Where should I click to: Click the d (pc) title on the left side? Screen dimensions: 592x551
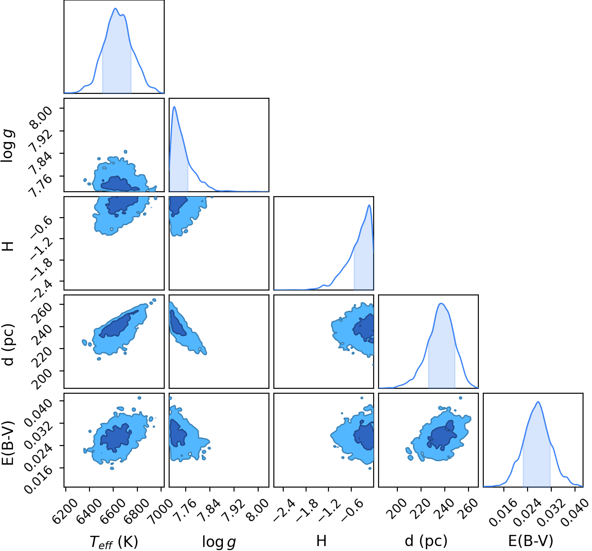point(9,344)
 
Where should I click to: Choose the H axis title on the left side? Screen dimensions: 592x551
point(9,246)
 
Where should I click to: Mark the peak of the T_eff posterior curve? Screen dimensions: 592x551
point(115,8)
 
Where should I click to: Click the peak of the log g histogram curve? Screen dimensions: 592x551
point(175,107)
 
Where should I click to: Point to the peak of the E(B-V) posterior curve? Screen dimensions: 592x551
point(538,402)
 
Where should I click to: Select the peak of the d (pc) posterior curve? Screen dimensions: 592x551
point(441,303)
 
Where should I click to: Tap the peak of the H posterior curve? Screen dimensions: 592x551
point(369,205)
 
